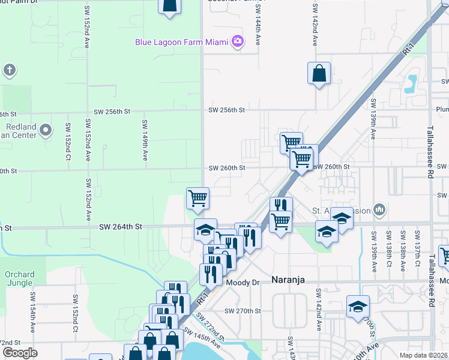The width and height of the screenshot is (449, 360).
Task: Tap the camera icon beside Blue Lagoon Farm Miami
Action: (238, 41)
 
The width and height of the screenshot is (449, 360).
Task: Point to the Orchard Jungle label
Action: (20, 278)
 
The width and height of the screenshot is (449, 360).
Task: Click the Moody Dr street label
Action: (242, 282)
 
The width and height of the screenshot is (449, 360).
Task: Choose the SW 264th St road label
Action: (121, 226)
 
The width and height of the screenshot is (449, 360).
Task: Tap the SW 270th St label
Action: (243, 311)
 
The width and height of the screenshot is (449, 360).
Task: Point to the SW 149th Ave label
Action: (145, 140)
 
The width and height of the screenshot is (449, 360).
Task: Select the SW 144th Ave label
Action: (258, 27)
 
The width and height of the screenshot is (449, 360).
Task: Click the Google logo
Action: (20, 353)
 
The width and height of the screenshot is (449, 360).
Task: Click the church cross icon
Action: (10, 70)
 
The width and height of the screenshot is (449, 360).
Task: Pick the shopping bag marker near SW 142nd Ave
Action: (319, 74)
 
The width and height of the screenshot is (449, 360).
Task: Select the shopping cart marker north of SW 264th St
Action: (197, 198)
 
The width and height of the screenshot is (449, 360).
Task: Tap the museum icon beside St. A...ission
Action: (379, 209)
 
